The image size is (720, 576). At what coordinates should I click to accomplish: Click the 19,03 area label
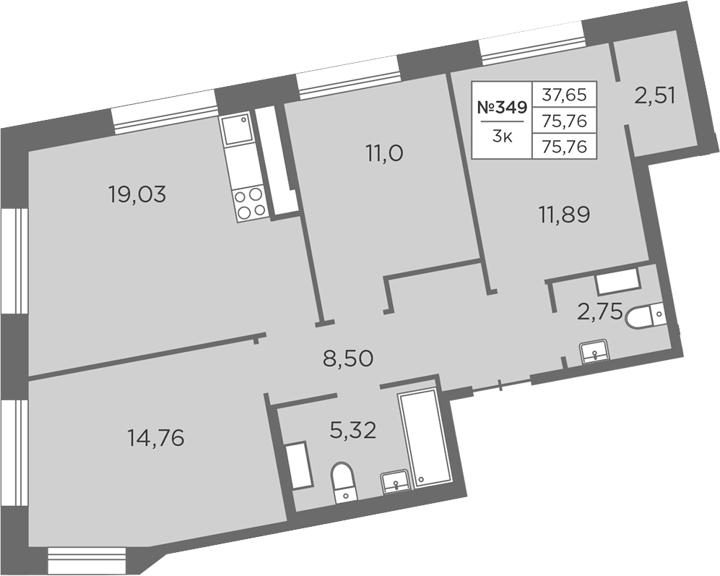137,195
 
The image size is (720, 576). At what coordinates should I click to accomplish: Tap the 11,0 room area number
384,153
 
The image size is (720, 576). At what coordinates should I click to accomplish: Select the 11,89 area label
564,215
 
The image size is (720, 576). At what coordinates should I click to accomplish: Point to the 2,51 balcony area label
655,97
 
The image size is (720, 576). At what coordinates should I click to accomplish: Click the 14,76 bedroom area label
156,438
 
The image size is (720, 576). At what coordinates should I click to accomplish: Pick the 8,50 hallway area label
347,358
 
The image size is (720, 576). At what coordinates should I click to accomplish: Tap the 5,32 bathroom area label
353,431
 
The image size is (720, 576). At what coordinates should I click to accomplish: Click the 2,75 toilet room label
599,313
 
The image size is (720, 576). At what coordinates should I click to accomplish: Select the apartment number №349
503,108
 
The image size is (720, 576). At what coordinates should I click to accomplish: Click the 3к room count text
502,137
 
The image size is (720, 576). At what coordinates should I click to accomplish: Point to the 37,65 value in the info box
564,95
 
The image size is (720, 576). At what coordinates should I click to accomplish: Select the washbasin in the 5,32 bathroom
395,482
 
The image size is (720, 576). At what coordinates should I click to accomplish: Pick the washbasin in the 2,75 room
594,352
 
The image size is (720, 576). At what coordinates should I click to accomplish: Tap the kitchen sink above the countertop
237,129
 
